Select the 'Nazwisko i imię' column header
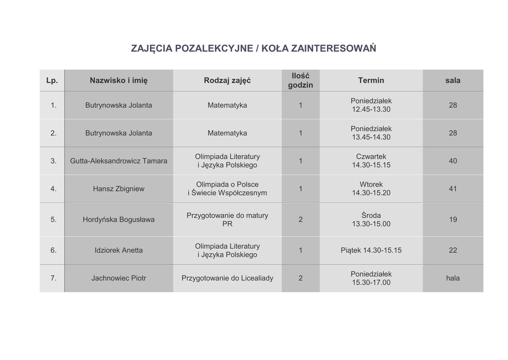pos(119,80)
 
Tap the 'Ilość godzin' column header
pos(300,80)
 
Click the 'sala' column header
pos(452,80)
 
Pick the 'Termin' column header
pos(371,80)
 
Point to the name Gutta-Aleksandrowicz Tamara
pos(119,161)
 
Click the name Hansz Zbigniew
pos(119,189)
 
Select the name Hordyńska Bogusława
pos(119,219)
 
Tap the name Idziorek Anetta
pos(119,250)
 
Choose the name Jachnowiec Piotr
pos(119,278)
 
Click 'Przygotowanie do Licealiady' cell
pos(227,278)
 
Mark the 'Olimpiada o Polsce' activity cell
pos(227,189)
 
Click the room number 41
pos(452,189)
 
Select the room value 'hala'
pos(452,278)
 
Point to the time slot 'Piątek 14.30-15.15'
pos(371,250)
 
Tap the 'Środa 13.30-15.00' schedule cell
pos(371,219)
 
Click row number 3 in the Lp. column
pos(54,161)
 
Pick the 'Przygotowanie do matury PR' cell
pos(227,219)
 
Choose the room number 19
pos(452,219)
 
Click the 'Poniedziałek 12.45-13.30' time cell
pos(371,105)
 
